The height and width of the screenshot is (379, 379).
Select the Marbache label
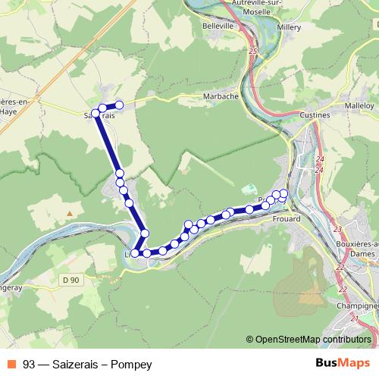click(x=221, y=97)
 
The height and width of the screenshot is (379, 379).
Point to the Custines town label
click(x=315, y=114)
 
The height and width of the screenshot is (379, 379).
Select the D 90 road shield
click(x=70, y=280)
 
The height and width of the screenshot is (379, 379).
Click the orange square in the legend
click(x=11, y=365)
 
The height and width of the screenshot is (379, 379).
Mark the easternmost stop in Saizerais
click(x=119, y=105)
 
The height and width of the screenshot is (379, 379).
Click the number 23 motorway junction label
click(x=337, y=228)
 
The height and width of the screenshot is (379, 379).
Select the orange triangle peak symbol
click(x=70, y=214)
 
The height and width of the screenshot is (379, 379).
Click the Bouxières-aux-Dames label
click(x=356, y=249)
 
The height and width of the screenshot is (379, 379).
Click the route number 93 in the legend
click(x=29, y=365)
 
